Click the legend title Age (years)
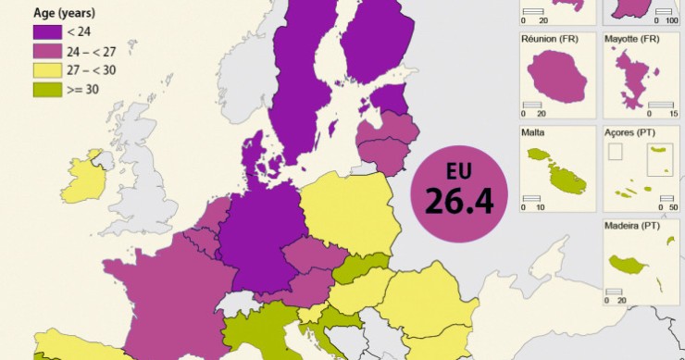64,14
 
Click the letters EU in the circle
458,171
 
